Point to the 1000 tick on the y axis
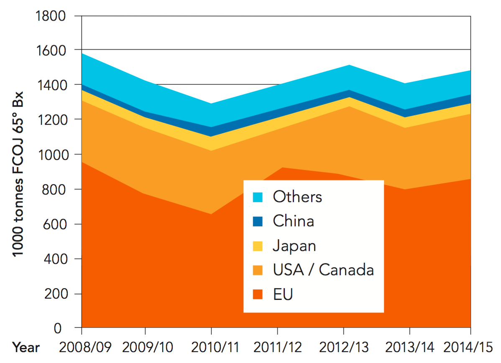[51, 155]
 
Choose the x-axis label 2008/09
[82, 347]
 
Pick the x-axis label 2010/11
[212, 347]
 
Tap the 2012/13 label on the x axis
[343, 347]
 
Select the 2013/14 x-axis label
[409, 347]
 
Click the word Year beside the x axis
[26, 348]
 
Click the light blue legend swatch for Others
[258, 196]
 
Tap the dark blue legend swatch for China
[258, 221]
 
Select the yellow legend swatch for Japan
[258, 245]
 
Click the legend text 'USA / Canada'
[323, 270]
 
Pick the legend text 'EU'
[283, 294]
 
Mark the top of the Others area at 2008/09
[82, 53]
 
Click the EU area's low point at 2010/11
[211, 214]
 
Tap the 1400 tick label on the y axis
[51, 85]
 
